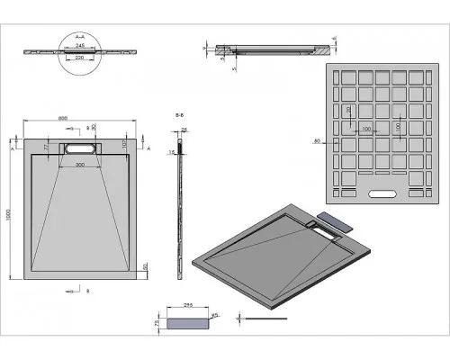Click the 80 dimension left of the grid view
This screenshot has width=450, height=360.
[317, 141]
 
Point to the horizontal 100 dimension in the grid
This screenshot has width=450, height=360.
[366, 130]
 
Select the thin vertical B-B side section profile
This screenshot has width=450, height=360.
[183, 198]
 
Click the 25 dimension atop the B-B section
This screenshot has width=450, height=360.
[185, 130]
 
